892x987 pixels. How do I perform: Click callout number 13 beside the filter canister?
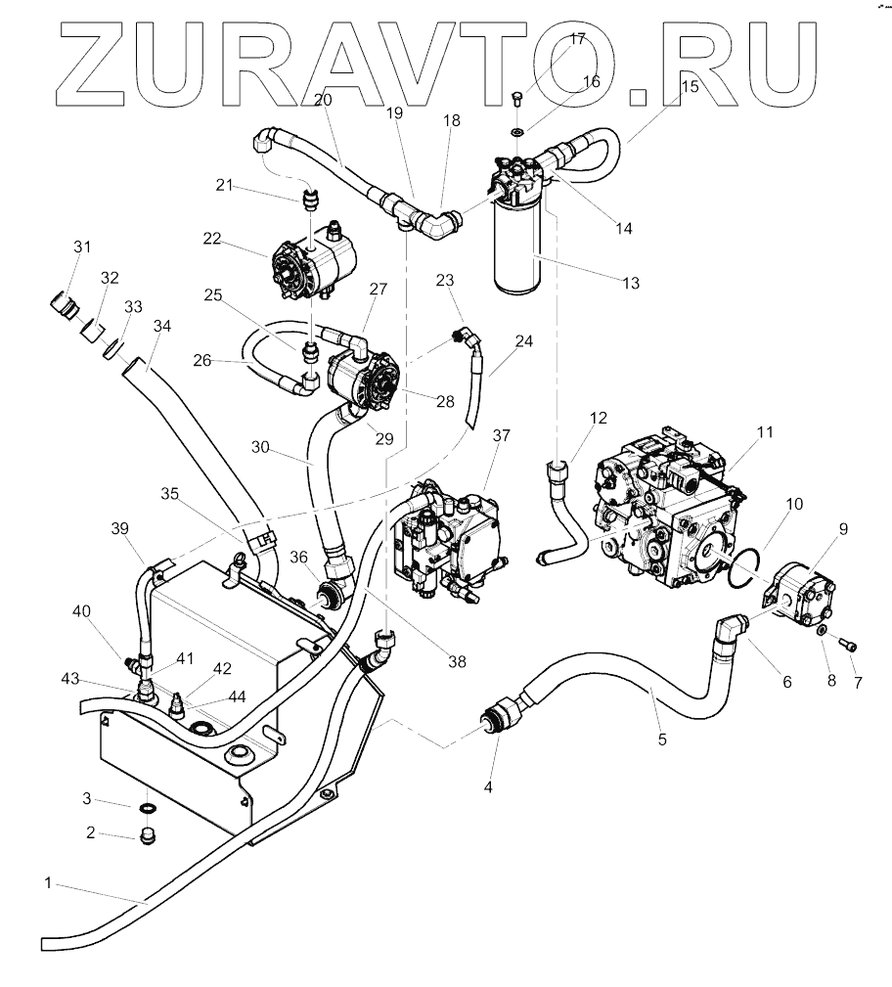coord(630,284)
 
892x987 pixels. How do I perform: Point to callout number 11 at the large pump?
coord(764,430)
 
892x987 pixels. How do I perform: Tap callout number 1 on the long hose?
coord(48,883)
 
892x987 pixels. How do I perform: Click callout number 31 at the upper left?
coord(81,246)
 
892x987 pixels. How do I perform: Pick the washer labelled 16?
coord(516,130)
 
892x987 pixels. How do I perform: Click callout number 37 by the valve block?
coord(501,434)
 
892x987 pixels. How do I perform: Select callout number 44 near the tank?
coord(237,695)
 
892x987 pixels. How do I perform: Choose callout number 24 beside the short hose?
coord(524,342)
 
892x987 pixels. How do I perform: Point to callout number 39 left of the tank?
coord(119,529)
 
